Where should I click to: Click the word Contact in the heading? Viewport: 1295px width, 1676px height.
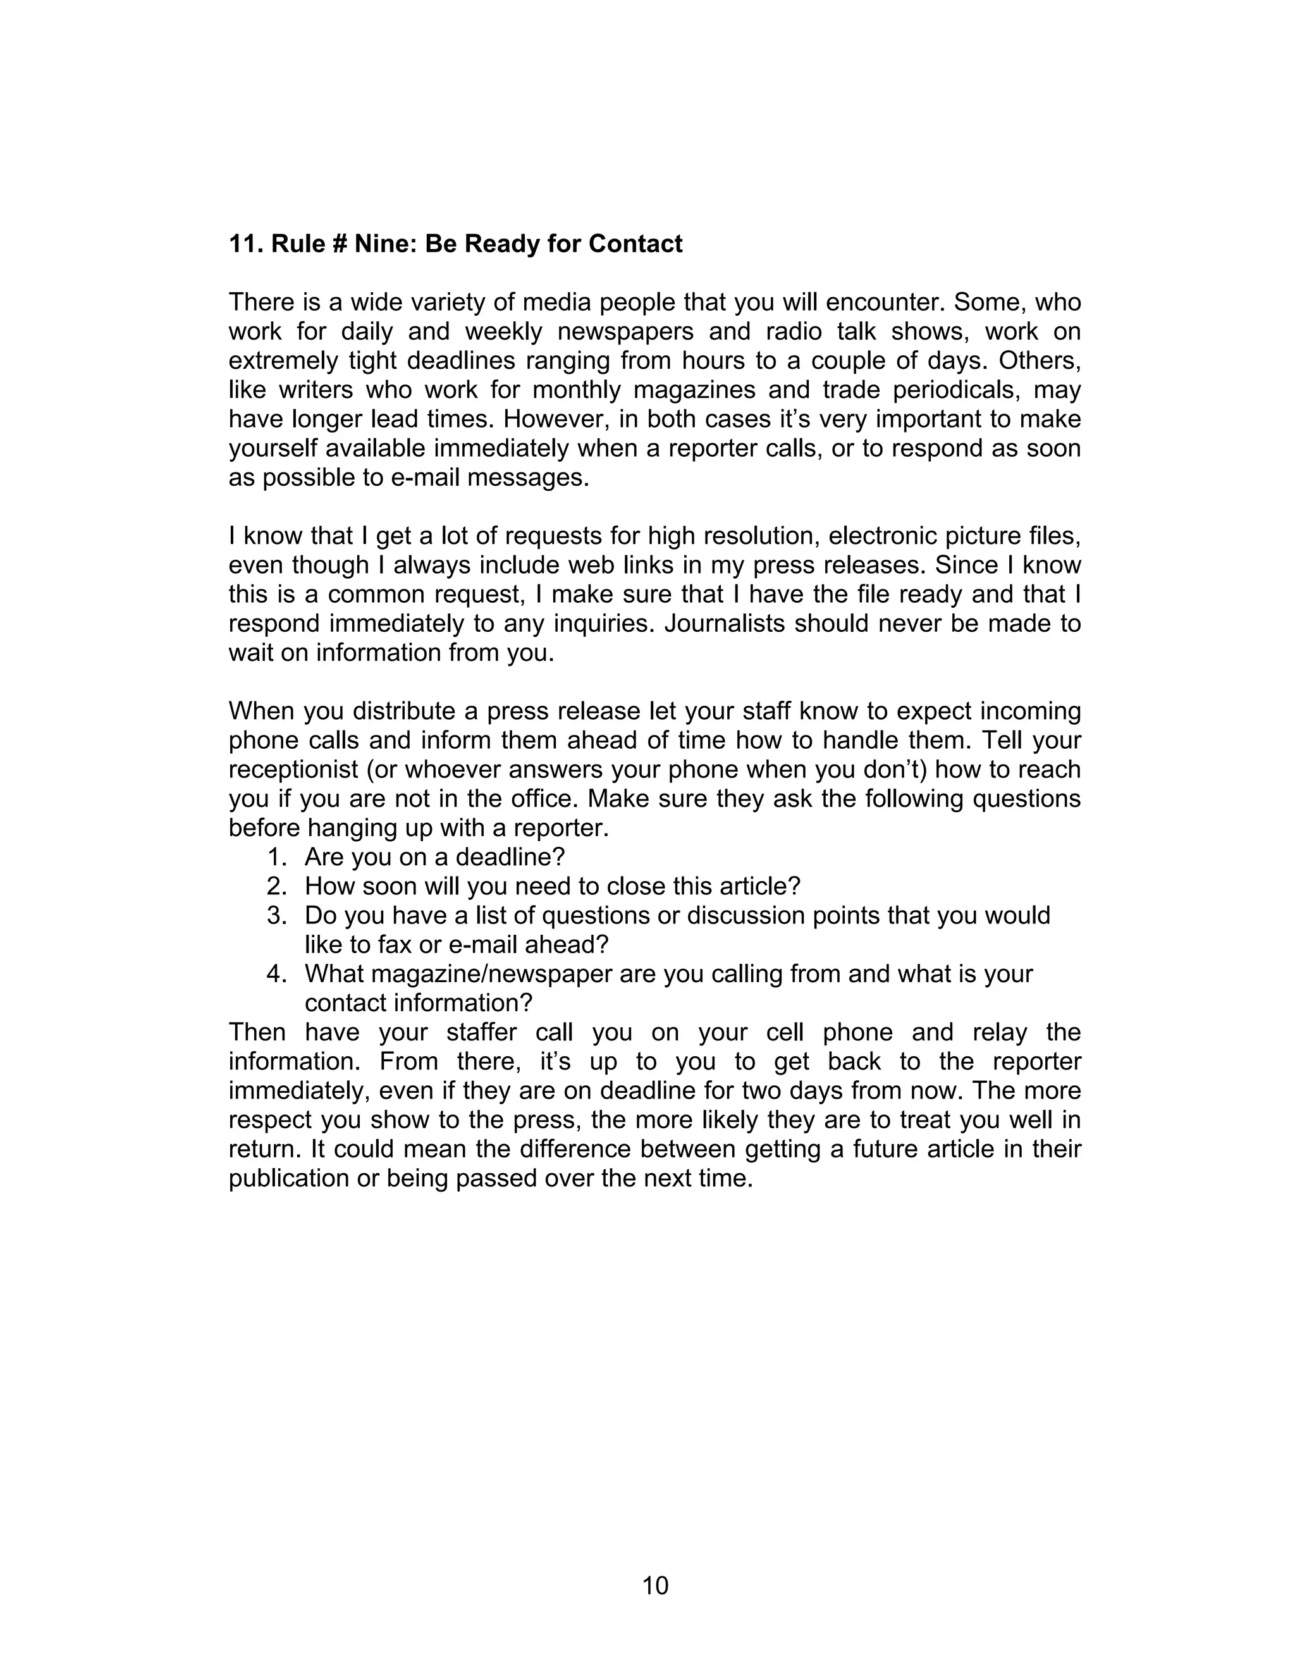pyautogui.click(x=635, y=244)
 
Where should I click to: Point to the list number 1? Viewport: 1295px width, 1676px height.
pyautogui.click(x=277, y=857)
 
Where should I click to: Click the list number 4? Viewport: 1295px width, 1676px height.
pyautogui.click(x=277, y=974)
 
